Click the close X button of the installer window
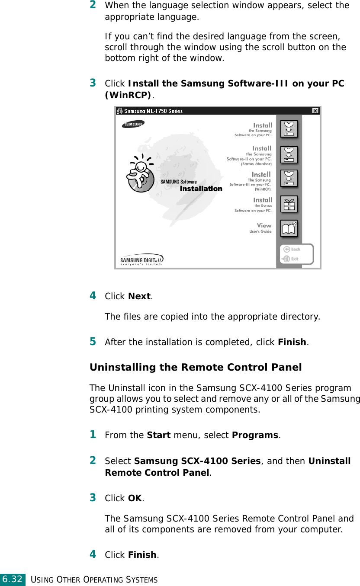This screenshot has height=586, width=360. (x=315, y=111)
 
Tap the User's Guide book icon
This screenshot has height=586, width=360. (x=289, y=228)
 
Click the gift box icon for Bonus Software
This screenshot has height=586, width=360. (x=289, y=204)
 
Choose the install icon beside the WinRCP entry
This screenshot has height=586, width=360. (x=289, y=178)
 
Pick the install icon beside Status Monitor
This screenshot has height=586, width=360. (x=289, y=154)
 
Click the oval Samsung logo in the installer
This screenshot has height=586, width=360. (x=133, y=125)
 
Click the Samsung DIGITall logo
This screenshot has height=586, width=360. (x=141, y=259)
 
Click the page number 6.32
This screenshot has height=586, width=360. (x=12, y=579)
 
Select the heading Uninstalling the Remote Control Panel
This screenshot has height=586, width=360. (x=196, y=367)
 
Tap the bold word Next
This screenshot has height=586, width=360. (x=139, y=297)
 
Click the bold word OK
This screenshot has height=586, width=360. (x=135, y=498)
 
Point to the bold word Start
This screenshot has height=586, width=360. (x=159, y=435)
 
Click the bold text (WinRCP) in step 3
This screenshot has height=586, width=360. (x=128, y=94)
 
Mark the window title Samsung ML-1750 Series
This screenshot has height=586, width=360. (x=153, y=111)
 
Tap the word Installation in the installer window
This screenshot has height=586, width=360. (x=201, y=189)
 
